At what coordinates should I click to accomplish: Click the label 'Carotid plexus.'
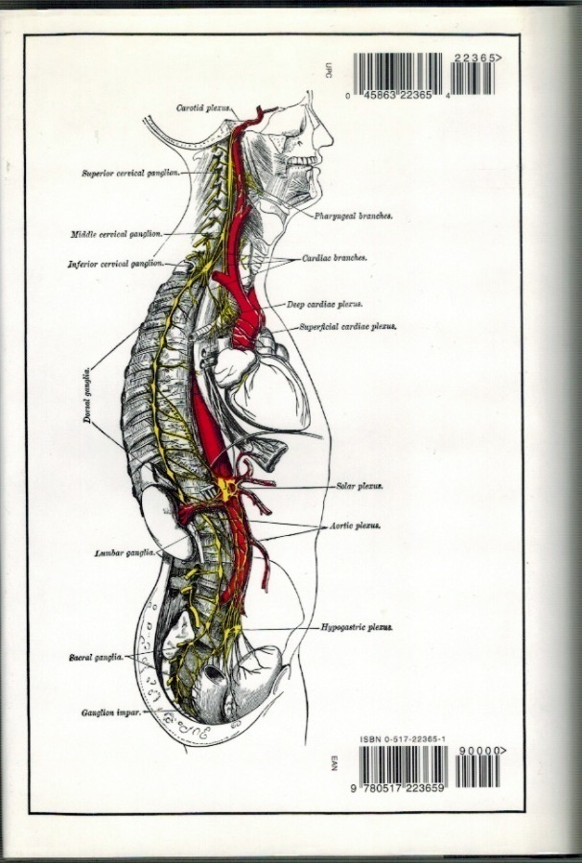[203, 107]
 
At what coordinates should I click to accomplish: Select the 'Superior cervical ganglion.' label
[131, 173]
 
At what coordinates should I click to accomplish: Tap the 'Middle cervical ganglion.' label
[117, 234]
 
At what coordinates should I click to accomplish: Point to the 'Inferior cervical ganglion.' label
[115, 264]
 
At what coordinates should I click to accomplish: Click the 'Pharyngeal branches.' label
[353, 217]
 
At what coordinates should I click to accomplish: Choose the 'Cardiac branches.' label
[335, 258]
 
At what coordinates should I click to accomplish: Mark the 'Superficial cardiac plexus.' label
[348, 326]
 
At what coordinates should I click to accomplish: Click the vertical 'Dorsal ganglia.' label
[87, 395]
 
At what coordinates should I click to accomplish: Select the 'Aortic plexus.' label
[356, 525]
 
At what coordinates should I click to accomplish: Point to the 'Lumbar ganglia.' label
[125, 553]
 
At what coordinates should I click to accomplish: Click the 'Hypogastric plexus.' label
[357, 627]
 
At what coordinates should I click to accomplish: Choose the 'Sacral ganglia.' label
[96, 657]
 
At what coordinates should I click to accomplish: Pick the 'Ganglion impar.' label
[111, 712]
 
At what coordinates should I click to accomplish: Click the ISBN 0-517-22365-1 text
[403, 740]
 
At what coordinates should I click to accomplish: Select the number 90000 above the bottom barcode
[477, 751]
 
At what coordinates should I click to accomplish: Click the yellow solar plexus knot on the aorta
[226, 488]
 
